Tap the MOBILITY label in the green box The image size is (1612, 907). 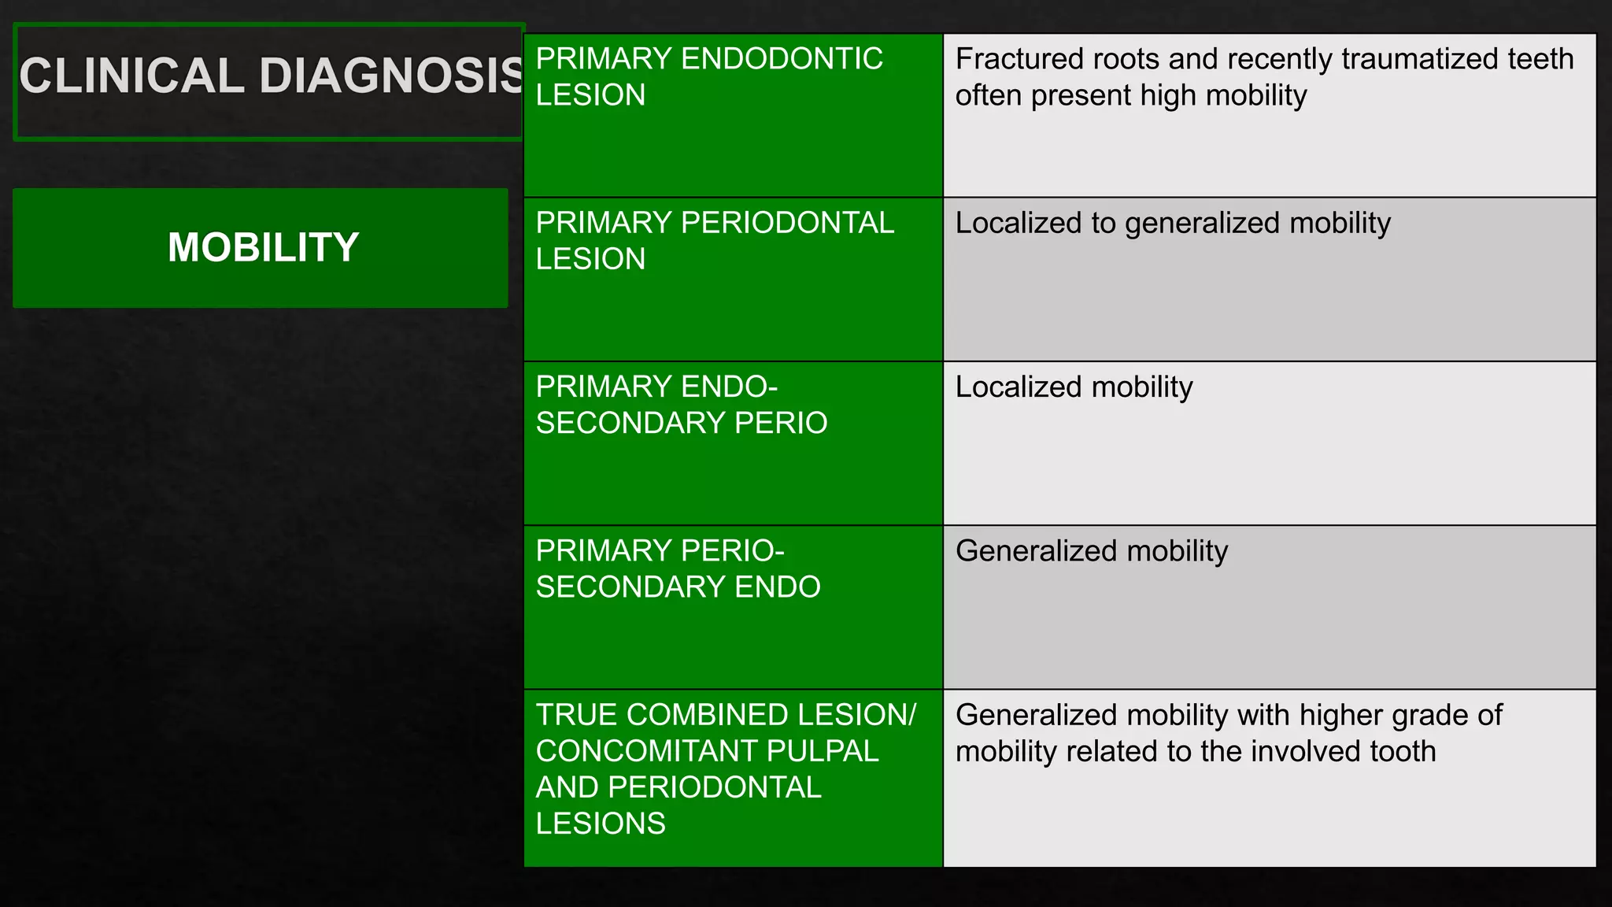click(263, 247)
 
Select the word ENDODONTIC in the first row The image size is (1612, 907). click(781, 59)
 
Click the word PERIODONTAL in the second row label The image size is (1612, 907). click(786, 223)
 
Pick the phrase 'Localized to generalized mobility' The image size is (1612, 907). click(1172, 224)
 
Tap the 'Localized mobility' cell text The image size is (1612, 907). click(1073, 387)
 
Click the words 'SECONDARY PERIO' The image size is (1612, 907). click(681, 424)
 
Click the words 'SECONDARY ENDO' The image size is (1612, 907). click(678, 587)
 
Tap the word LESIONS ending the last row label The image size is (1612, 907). click(601, 824)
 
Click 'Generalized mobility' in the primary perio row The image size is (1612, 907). click(1091, 551)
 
